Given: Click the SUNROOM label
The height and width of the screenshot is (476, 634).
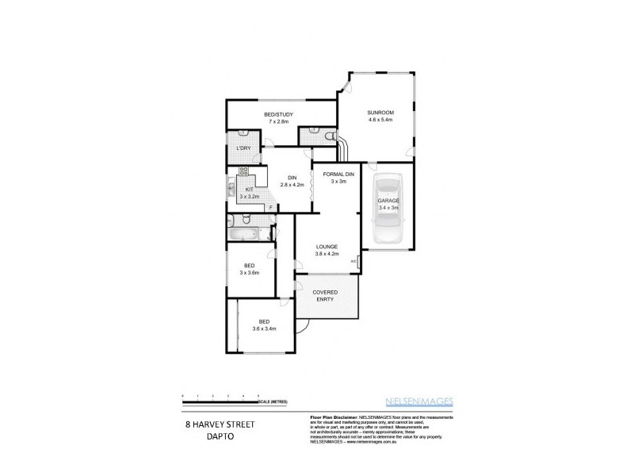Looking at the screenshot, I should (380, 113).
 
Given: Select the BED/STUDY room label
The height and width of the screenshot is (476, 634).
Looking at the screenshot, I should (280, 115).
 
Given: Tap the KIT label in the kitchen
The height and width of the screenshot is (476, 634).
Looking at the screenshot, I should (249, 190).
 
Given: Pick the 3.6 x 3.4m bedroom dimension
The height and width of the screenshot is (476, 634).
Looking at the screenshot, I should (264, 328).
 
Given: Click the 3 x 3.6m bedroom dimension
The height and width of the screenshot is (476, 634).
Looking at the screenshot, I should (250, 273).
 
